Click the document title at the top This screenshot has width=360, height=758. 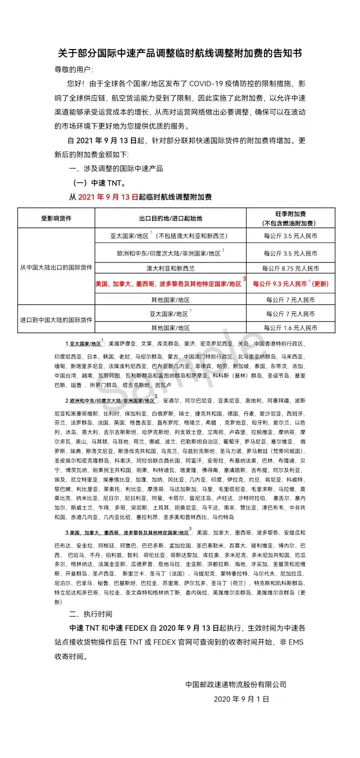point(179,53)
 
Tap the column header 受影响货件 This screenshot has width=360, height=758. point(56,218)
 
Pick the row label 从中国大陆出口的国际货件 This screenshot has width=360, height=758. point(56,267)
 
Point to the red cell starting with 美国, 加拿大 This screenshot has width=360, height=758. point(168,283)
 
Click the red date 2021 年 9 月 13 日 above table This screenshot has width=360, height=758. point(108,197)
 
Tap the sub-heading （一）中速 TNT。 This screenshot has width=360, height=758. point(96,182)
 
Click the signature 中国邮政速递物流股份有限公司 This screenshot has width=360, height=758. point(235,684)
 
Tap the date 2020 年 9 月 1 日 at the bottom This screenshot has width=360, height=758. point(241,698)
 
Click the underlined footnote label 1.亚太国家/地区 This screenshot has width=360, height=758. point(83,344)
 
